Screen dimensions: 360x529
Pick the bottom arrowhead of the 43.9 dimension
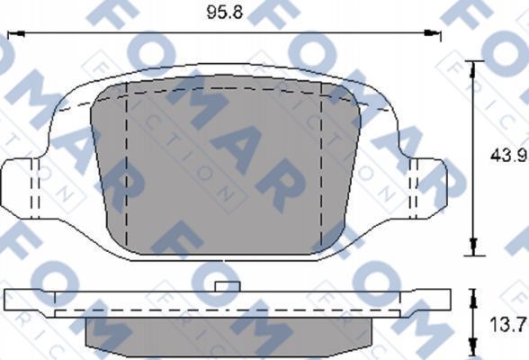pos(474,251)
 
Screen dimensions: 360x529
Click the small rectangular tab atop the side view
pos(226,284)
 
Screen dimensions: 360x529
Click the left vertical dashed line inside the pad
pos(128,162)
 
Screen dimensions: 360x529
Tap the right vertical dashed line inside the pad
pos(322,162)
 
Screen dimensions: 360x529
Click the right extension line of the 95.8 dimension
pos(440,40)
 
